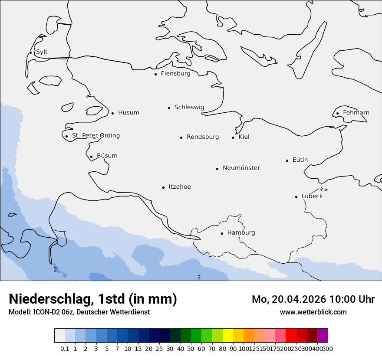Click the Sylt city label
click(x=42, y=52)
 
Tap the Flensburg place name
click(x=175, y=74)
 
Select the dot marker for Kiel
click(x=233, y=137)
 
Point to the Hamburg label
click(x=241, y=233)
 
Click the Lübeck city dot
click(x=296, y=197)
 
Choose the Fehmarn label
click(x=356, y=113)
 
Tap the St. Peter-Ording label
click(x=95, y=136)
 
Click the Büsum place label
click(x=107, y=156)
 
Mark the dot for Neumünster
click(x=217, y=169)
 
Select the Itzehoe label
click(x=179, y=187)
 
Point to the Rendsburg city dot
click(x=181, y=138)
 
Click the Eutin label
click(x=300, y=160)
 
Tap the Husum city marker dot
click(x=112, y=113)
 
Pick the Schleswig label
click(x=189, y=108)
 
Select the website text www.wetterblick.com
click(x=313, y=312)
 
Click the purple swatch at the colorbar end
click(x=323, y=336)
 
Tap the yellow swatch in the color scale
click(x=228, y=336)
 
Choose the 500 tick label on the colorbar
click(x=328, y=348)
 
